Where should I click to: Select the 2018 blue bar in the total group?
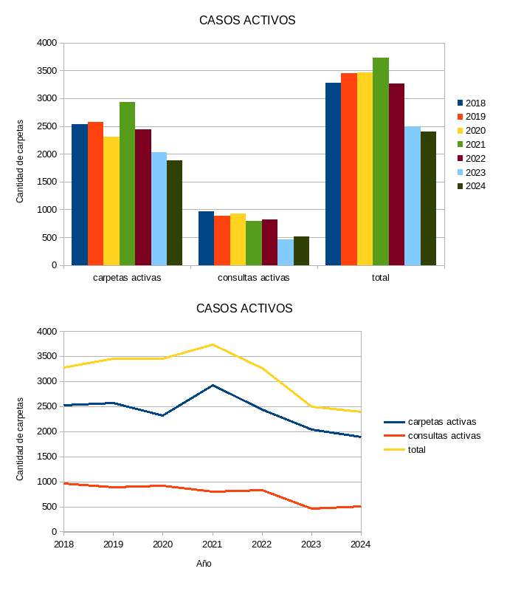click(x=333, y=174)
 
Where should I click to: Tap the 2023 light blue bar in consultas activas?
click(x=286, y=252)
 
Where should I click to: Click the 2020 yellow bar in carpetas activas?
click(x=111, y=201)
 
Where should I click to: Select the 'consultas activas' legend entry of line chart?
click(x=444, y=436)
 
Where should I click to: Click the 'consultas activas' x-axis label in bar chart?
click(x=254, y=278)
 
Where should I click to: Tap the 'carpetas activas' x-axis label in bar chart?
click(x=127, y=278)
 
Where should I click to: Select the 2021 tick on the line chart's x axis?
click(x=213, y=544)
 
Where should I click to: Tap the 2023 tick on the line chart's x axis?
click(x=311, y=544)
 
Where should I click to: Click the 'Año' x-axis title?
click(x=204, y=564)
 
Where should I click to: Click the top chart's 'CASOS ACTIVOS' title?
click(x=247, y=21)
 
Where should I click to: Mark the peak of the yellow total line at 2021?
click(x=213, y=344)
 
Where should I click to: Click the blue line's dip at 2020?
click(x=163, y=416)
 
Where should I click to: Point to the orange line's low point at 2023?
click(x=311, y=508)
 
